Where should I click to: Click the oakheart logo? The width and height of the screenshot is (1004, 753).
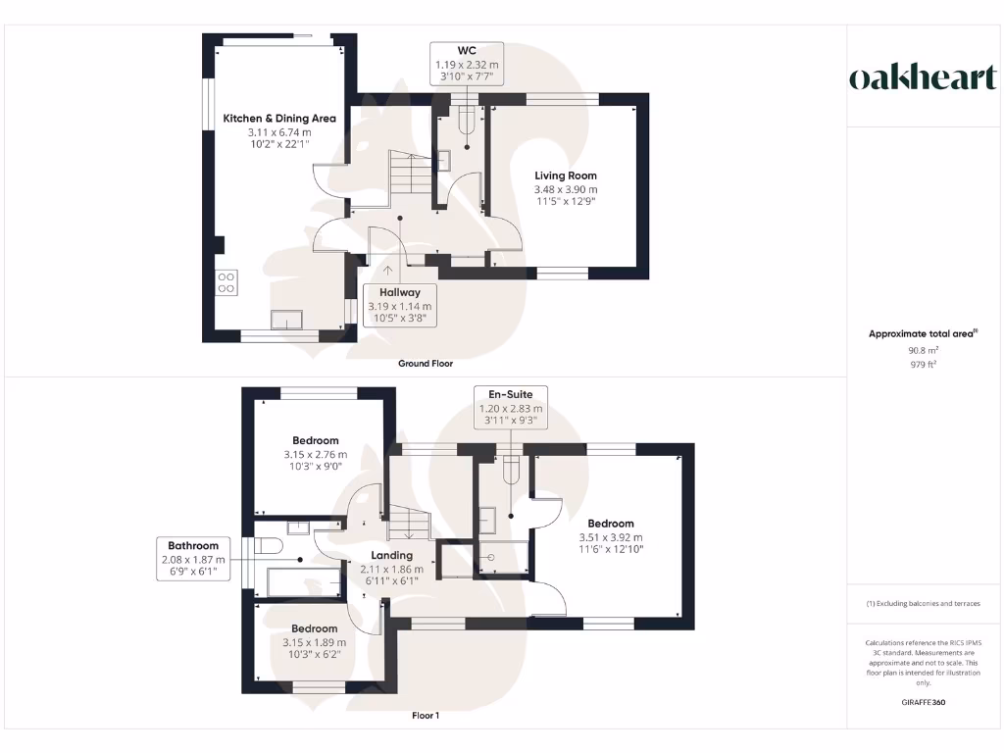coord(922,78)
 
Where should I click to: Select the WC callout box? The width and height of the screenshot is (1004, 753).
coord(467,65)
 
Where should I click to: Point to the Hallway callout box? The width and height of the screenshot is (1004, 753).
coord(400,305)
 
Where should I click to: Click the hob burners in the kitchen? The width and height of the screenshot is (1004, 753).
coord(226,281)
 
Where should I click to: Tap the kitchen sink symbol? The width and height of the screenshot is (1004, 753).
coord(287,320)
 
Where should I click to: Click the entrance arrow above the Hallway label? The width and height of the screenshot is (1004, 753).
coord(388,272)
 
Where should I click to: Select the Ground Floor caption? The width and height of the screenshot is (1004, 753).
coord(426,364)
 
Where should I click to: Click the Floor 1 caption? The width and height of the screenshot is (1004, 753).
coord(426,716)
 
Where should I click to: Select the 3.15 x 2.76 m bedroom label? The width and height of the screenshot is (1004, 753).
coord(315,454)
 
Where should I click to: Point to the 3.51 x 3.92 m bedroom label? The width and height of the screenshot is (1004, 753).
coord(611,537)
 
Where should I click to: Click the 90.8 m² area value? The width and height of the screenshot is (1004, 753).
coord(922,350)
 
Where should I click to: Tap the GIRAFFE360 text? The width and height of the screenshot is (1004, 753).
coord(922,703)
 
